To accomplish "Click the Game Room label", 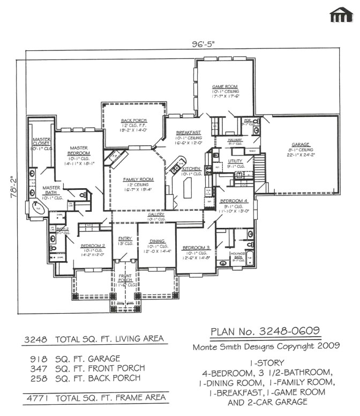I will [225, 86].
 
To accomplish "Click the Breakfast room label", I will [188, 132].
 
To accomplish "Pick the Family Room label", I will [138, 180].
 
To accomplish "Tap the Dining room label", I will [157, 241].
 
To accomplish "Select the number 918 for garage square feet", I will [39, 359].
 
